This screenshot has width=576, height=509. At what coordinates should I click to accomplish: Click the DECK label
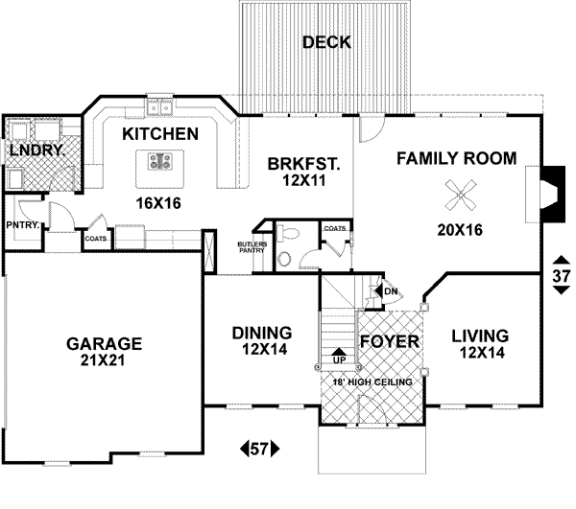pyautogui.click(x=326, y=42)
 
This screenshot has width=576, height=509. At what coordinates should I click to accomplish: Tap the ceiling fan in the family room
pyautogui.click(x=461, y=196)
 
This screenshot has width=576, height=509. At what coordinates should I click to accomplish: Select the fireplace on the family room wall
pyautogui.click(x=552, y=194)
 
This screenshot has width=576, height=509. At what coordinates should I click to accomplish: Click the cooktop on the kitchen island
pyautogui.click(x=160, y=162)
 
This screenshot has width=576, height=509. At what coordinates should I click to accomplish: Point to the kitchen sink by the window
pyautogui.click(x=159, y=108)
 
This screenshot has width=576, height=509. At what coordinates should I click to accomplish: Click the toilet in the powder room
pyautogui.click(x=288, y=234)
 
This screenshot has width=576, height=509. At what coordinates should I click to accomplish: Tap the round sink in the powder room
pyautogui.click(x=284, y=259)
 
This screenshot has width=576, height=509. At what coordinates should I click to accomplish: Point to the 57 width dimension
pyautogui.click(x=260, y=449)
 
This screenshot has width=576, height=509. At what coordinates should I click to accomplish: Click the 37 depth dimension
pyautogui.click(x=562, y=275)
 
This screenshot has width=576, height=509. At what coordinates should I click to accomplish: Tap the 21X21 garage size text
pyautogui.click(x=103, y=360)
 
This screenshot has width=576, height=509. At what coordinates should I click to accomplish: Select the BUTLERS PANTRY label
pyautogui.click(x=252, y=247)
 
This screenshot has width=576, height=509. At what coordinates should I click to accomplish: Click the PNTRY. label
pyautogui.click(x=23, y=225)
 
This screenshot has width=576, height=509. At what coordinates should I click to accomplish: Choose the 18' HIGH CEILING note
pyautogui.click(x=372, y=382)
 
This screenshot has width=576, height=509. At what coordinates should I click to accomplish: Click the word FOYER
pyautogui.click(x=390, y=342)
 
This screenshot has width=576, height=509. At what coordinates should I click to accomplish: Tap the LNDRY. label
pyautogui.click(x=37, y=150)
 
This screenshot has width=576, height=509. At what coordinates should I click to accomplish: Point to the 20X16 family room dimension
pyautogui.click(x=460, y=230)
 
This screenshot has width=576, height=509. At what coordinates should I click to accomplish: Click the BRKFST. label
pyautogui.click(x=303, y=164)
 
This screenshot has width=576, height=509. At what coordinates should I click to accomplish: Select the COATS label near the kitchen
pyautogui.click(x=95, y=239)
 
